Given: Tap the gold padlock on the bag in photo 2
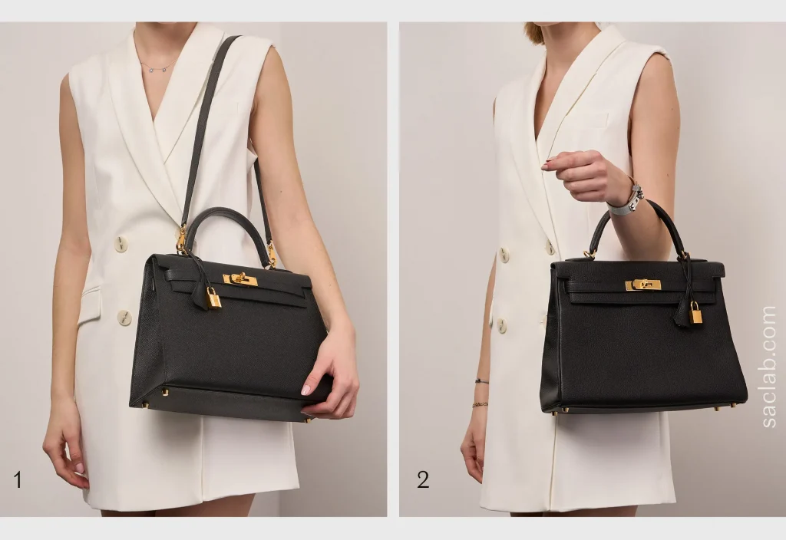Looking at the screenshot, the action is (x=695, y=314).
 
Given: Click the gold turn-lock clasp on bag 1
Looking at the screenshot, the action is (x=240, y=279).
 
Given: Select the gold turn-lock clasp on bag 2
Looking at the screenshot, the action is (x=642, y=285).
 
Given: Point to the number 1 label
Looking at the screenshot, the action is (x=18, y=480).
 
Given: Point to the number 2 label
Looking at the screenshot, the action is (x=423, y=480).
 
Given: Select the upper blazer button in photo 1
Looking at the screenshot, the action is (x=121, y=244).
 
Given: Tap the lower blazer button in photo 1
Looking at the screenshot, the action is (x=124, y=318).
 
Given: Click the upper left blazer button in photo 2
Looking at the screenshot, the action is (x=504, y=254).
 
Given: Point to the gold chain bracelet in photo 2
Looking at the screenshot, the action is (x=480, y=403).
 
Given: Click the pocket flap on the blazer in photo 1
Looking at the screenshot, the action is (x=91, y=305).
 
